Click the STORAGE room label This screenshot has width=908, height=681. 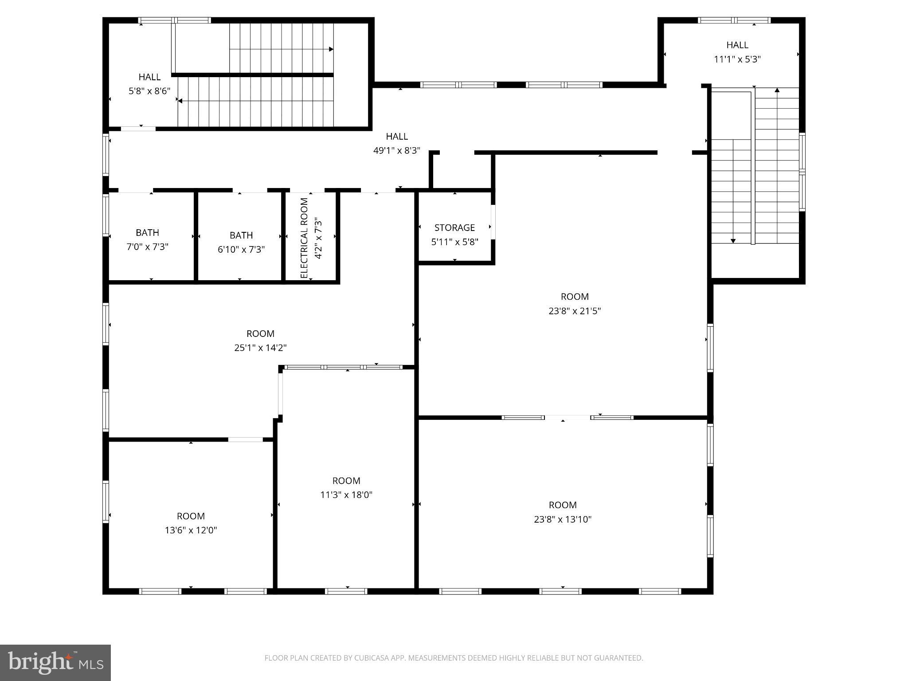pos(454,227)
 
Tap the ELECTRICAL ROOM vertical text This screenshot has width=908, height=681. pos(304,238)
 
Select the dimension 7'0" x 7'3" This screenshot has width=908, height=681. pos(147,247)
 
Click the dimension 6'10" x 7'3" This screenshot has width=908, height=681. pos(241,249)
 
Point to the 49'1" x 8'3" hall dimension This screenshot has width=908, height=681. pos(397,151)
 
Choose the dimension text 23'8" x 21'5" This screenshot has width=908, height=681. pos(575,311)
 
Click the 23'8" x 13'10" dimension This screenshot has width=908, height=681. pos(563,519)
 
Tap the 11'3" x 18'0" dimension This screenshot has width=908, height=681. pos(346,495)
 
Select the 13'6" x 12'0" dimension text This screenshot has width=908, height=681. pos(191,530)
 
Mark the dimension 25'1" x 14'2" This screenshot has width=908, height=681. pos(260,348)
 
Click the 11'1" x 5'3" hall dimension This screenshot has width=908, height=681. pos(737,59)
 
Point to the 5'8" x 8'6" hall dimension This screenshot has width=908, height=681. pos(149,91)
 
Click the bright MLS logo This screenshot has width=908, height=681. pos(55,663)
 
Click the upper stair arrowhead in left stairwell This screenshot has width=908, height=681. pos(331,49)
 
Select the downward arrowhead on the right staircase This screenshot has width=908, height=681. pos(733,241)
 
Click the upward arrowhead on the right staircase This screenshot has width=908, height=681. pos(777,90)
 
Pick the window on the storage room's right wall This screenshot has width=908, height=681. pos(493,222)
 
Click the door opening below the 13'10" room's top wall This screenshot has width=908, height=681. pos(567,417)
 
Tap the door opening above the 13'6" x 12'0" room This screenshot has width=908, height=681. pos(246,439)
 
